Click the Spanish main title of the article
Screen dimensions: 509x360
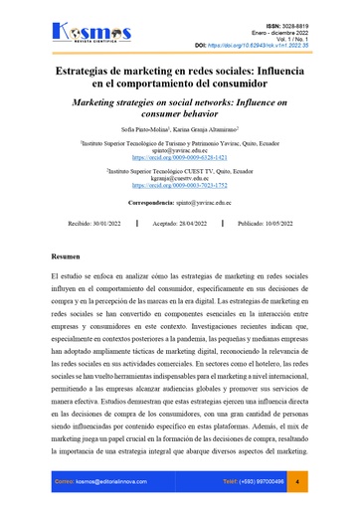coord(179,79)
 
